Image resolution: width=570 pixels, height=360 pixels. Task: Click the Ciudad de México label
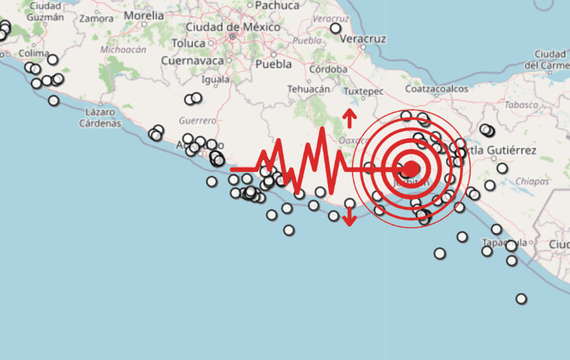point(222,27)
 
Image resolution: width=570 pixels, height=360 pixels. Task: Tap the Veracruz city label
point(363,38)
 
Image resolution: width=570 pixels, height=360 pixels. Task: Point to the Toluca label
point(188,43)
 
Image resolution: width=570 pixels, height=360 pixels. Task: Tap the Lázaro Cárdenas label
point(98,118)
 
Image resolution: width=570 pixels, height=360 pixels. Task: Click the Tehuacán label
point(309,89)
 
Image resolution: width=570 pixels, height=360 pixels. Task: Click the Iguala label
point(216,79)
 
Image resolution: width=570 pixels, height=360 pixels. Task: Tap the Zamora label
point(96,19)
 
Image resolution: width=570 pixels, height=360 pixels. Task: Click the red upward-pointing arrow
point(349,117)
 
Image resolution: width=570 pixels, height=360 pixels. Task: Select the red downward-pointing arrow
point(349,218)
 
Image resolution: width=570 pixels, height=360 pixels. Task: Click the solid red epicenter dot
point(411,169)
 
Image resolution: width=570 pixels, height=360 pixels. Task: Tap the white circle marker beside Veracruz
point(336,29)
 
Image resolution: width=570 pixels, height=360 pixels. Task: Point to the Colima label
point(33,53)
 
